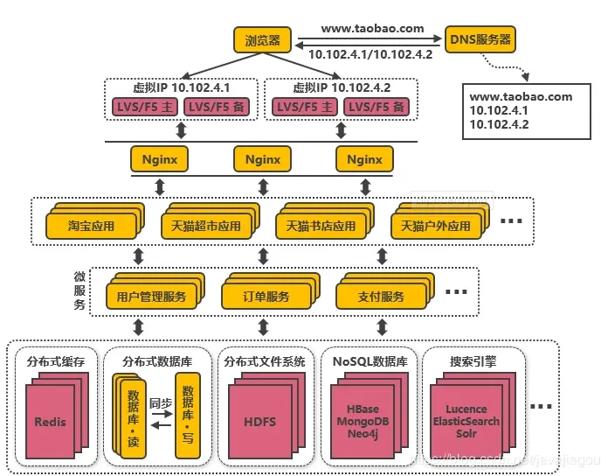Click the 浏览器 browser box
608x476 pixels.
(261, 39)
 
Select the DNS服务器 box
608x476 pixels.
(480, 39)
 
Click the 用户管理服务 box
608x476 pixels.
(151, 297)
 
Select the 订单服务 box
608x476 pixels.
(266, 297)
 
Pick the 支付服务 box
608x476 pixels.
(381, 297)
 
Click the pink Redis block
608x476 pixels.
(50, 422)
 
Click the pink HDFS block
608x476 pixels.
(259, 422)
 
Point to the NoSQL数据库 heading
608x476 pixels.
(365, 360)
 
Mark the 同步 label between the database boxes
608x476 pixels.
(161, 405)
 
